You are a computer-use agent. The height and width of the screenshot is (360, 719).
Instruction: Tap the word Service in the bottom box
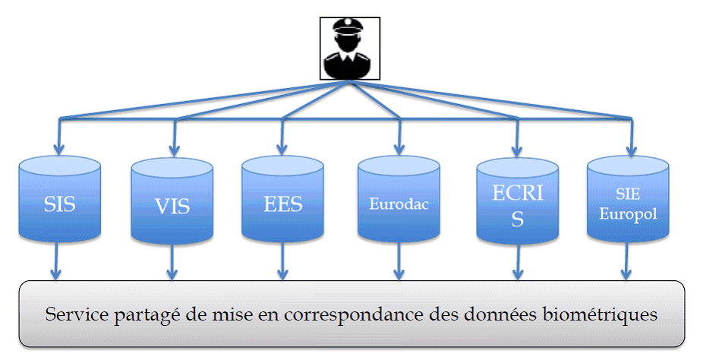(x=74, y=314)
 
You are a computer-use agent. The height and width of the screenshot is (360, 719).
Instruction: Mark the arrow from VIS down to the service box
(x=172, y=265)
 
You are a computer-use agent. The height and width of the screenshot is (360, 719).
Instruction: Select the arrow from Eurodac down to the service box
(x=398, y=265)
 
